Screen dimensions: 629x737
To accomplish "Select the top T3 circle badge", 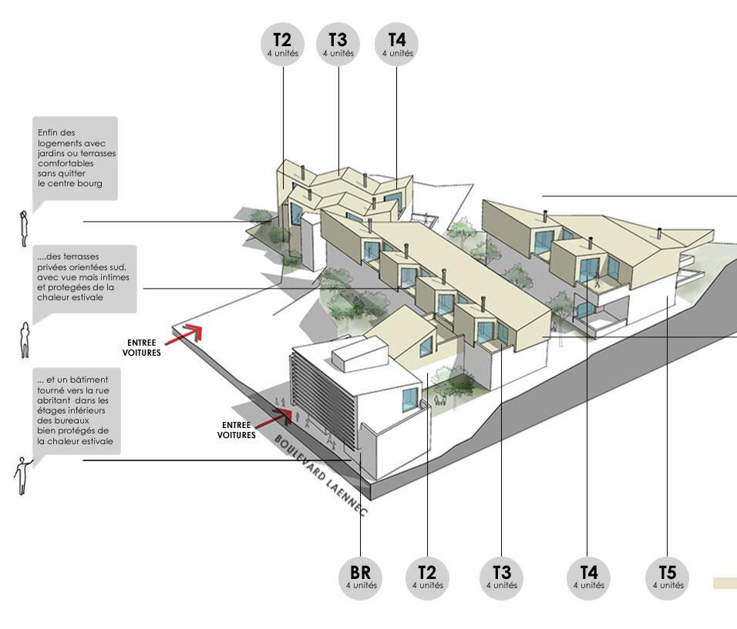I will point(338,44).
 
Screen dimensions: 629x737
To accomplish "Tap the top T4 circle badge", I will point(397,44).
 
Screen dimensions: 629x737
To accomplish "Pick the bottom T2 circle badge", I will point(427,577).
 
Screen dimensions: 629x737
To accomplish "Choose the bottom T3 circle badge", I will point(501,577).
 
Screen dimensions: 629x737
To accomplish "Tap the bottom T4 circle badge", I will point(588,577).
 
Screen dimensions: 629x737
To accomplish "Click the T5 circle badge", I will point(668,577).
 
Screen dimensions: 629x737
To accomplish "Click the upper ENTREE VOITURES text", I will point(142,348).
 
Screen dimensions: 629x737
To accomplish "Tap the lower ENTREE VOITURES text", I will point(238,430).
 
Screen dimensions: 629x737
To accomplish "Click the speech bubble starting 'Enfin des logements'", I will point(75,158).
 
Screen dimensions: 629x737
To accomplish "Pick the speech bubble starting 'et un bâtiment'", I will point(78,410).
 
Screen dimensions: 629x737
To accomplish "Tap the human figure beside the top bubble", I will point(24,224).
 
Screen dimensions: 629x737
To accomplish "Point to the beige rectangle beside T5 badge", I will point(725,584).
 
